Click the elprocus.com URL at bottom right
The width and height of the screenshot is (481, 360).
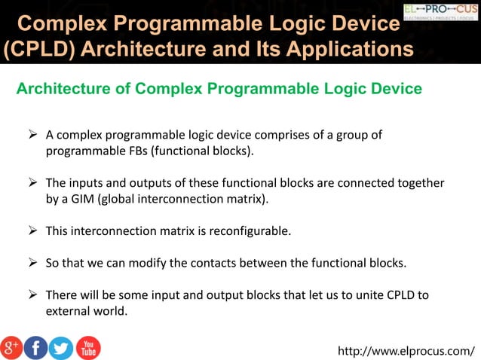[407, 350]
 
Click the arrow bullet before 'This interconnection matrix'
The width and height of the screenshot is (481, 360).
[32, 231]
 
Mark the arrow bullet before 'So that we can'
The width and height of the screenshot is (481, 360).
[32, 263]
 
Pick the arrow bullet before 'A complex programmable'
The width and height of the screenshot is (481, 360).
[32, 136]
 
